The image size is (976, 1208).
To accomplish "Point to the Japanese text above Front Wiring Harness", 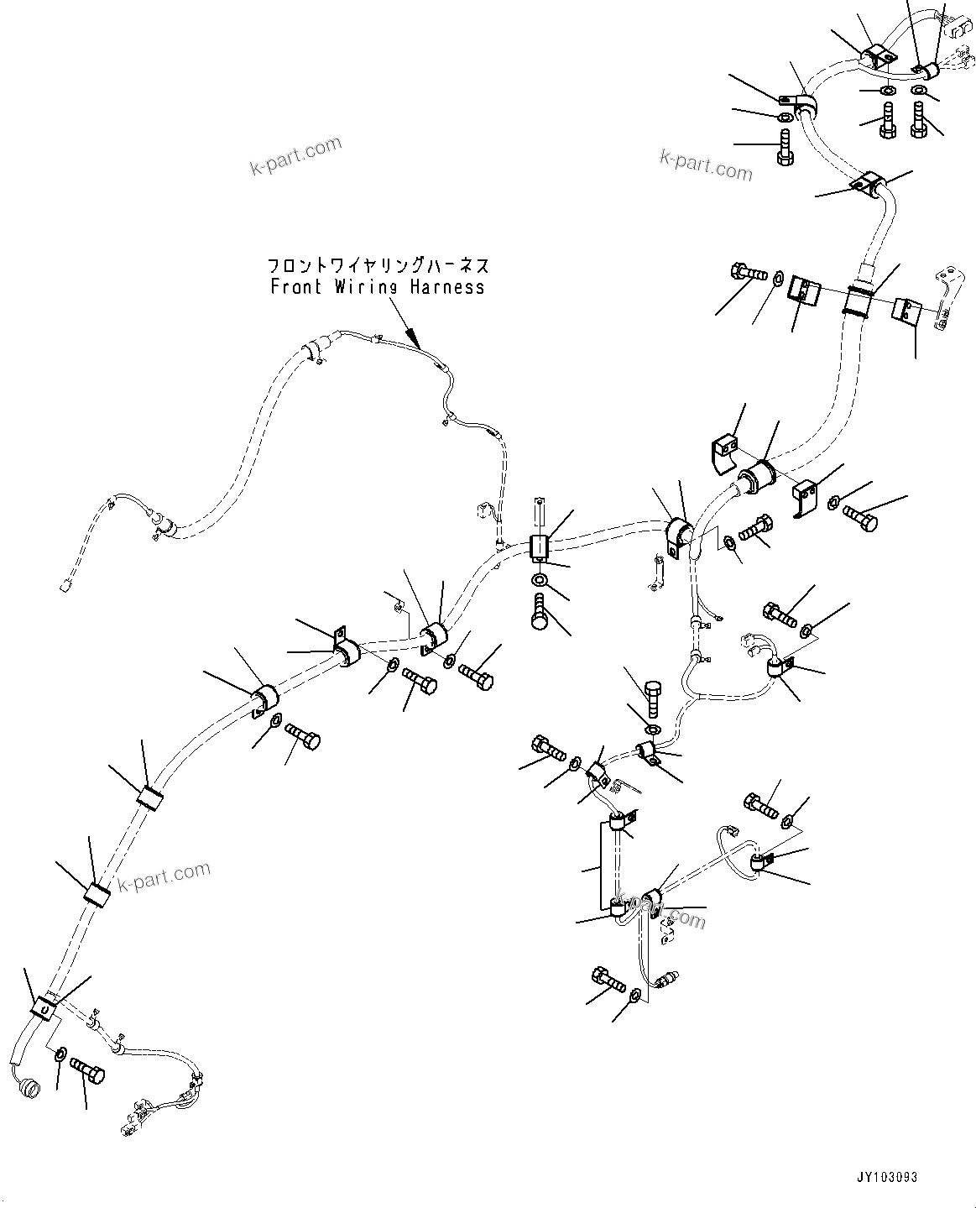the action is [x=378, y=265].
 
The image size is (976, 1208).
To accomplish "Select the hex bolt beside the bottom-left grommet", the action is [x=87, y=1067].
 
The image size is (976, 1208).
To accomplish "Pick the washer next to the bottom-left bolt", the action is [x=60, y=1055].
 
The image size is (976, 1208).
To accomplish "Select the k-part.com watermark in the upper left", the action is [x=295, y=155].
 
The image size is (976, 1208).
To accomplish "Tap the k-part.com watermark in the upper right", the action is [x=706, y=165].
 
